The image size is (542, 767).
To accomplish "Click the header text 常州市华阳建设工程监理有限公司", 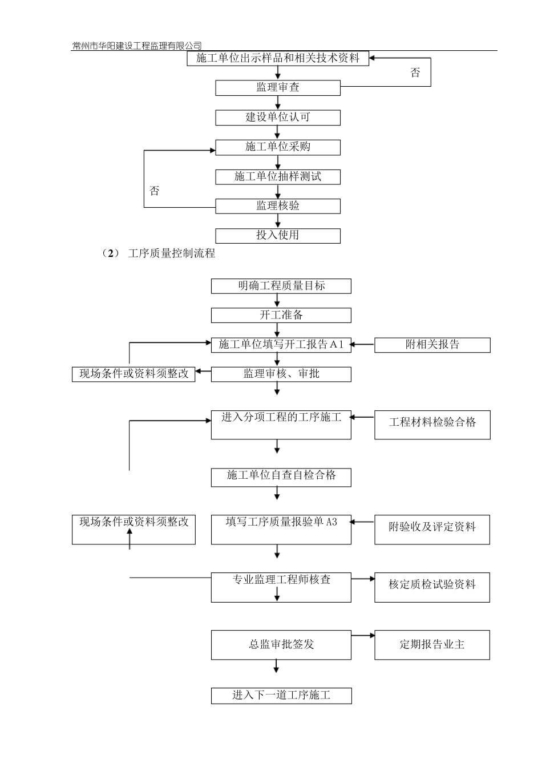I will [137, 46].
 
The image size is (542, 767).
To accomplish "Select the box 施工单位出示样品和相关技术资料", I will [278, 58].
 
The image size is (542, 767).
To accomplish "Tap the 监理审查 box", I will [278, 88].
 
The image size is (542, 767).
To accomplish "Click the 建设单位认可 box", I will [278, 118].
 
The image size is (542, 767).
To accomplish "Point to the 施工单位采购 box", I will [278, 147].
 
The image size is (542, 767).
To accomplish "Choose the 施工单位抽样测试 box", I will [278, 177].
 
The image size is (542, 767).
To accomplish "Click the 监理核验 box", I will [278, 206].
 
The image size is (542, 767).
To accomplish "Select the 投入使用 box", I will [278, 236].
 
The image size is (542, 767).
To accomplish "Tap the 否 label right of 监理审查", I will [415, 72].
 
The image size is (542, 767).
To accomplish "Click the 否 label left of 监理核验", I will [155, 191].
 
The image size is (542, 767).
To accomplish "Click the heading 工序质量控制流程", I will [172, 253].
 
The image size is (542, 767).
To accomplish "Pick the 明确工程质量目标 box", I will [281, 286].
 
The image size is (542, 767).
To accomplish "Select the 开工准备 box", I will [281, 315].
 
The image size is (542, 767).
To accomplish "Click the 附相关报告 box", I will [432, 345].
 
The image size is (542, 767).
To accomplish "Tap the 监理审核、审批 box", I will [281, 374].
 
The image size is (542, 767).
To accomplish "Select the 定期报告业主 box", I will [432, 645].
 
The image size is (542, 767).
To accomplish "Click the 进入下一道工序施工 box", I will [281, 696].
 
